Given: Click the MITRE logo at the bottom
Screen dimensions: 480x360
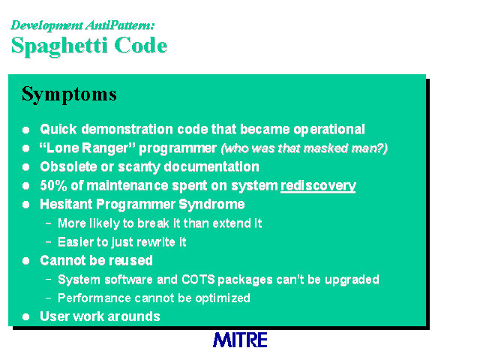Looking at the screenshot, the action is click(x=240, y=340).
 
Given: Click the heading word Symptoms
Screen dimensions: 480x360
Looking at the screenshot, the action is click(x=69, y=94).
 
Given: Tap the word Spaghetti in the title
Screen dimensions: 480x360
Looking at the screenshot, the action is click(x=59, y=46).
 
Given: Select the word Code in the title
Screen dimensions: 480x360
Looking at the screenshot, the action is click(x=141, y=45).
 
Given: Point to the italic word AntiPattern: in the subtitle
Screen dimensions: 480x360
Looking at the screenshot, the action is click(x=120, y=25).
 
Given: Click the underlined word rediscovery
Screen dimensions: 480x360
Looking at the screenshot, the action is click(x=318, y=186).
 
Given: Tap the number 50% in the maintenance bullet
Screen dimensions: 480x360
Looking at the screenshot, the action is click(x=53, y=185).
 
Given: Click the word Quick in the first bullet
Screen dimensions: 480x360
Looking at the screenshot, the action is click(x=58, y=129).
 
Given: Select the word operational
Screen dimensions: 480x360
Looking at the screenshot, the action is click(x=329, y=130).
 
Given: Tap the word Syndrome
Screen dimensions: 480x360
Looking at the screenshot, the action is click(x=211, y=205).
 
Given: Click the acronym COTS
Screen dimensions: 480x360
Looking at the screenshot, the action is click(x=198, y=280).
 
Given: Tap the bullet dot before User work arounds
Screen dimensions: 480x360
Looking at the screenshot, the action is click(x=26, y=316).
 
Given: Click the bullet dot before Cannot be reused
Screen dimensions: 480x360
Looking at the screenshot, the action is click(x=26, y=261).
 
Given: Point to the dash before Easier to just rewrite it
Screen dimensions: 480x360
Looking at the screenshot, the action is click(x=48, y=241).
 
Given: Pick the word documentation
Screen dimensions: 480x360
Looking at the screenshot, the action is click(x=211, y=166).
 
